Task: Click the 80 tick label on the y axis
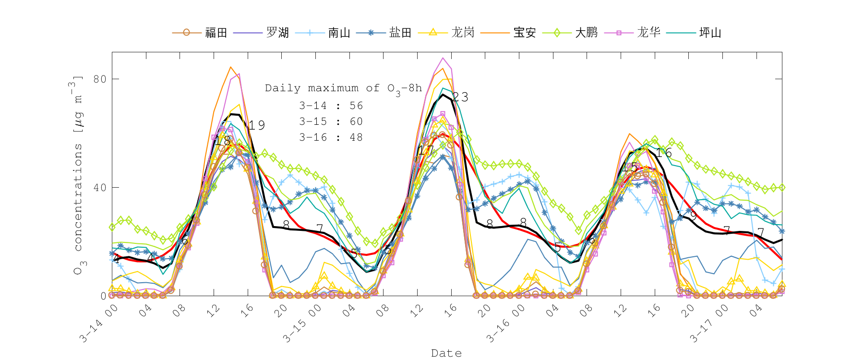(100, 79)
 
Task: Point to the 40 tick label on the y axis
(100, 187)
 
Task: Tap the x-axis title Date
(446, 353)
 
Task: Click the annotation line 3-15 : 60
(331, 121)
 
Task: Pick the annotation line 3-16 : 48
(331, 137)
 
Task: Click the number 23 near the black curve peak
(460, 97)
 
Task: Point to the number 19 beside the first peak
(257, 125)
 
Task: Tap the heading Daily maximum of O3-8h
(343, 88)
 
